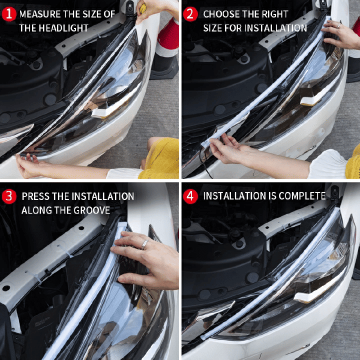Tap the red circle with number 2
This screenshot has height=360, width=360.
[190, 14]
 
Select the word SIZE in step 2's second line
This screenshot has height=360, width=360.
[213, 28]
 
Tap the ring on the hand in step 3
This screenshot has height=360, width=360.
[144, 244]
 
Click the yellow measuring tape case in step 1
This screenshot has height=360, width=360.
[143, 7]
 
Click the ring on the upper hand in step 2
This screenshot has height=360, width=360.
[338, 25]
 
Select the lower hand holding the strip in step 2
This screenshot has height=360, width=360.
[227, 150]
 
